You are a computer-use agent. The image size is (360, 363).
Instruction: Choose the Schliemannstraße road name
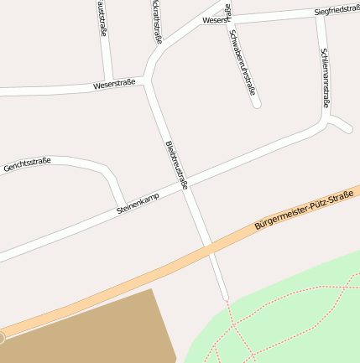click(x=326, y=78)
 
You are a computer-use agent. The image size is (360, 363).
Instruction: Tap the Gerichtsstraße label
click(x=28, y=164)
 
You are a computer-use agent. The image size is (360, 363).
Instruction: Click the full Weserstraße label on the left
click(x=114, y=85)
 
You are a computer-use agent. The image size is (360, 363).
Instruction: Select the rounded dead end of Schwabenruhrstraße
click(x=257, y=103)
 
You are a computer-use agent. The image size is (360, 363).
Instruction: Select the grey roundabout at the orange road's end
click(x=2, y=338)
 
